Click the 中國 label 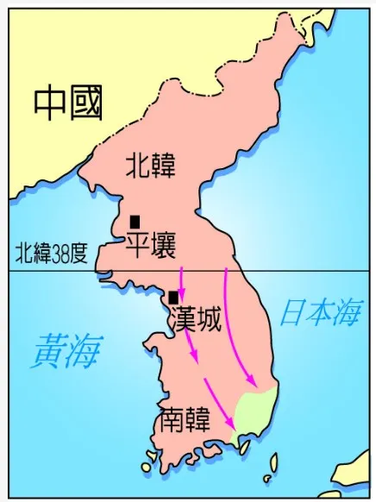[69, 104]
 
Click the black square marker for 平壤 [135, 223]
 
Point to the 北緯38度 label [52, 254]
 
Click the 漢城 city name [197, 319]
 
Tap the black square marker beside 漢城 [173, 298]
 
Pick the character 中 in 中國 [50, 104]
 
